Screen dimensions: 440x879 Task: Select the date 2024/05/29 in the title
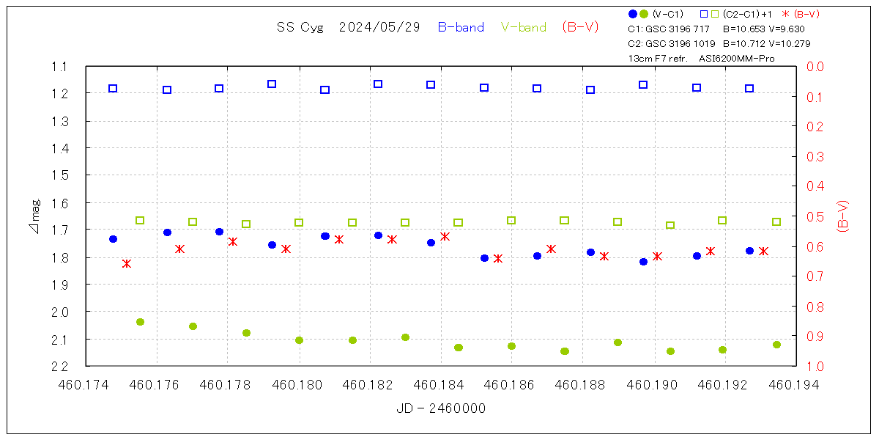click(379, 27)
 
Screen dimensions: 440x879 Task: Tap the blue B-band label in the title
click(461, 27)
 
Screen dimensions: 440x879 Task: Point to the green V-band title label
click(524, 27)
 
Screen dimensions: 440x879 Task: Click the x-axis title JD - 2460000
click(441, 408)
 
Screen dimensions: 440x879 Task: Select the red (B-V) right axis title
click(843, 216)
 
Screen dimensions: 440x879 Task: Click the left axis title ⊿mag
click(35, 216)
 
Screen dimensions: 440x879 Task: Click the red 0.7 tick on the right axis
click(815, 276)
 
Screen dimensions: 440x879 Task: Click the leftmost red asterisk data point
click(127, 263)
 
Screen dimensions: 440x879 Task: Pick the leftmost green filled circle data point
click(140, 322)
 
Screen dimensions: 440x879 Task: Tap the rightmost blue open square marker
click(749, 88)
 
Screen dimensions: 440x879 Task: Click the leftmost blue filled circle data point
click(113, 239)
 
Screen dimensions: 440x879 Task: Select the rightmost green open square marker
click(776, 221)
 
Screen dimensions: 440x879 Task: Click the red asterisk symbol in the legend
click(786, 14)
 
